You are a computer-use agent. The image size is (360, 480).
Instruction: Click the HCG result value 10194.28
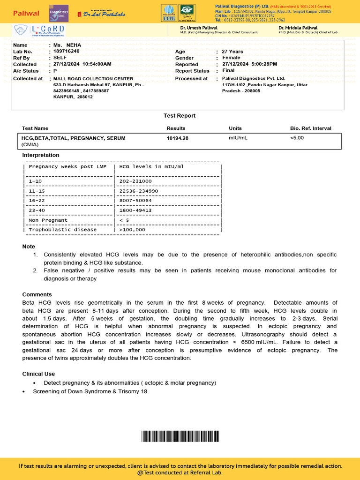click(x=177, y=138)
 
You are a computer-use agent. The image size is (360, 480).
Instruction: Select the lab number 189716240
click(x=66, y=51)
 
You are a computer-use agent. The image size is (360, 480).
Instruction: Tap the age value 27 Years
click(x=232, y=51)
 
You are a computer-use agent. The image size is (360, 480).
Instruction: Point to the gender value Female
click(x=231, y=58)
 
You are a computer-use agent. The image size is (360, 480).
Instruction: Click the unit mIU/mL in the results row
click(x=238, y=138)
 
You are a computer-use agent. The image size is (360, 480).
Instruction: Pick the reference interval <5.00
click(x=297, y=138)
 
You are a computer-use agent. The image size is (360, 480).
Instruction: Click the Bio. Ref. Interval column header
click(x=310, y=128)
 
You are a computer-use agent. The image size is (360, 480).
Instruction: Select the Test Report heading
click(x=180, y=116)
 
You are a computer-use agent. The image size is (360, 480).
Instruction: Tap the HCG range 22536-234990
click(x=139, y=191)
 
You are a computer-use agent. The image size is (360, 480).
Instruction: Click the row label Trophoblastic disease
click(x=63, y=230)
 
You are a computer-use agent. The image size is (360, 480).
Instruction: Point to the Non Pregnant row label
click(x=48, y=220)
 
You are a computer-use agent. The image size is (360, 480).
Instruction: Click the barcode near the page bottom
click(x=180, y=436)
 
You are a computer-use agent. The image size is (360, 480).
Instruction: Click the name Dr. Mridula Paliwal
click(x=298, y=28)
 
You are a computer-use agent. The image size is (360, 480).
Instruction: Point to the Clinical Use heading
click(x=38, y=374)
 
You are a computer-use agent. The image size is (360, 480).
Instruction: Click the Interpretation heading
click(x=41, y=155)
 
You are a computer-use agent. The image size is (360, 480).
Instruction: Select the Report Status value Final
click(x=228, y=71)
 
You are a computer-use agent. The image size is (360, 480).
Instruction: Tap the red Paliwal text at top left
click(x=26, y=13)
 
